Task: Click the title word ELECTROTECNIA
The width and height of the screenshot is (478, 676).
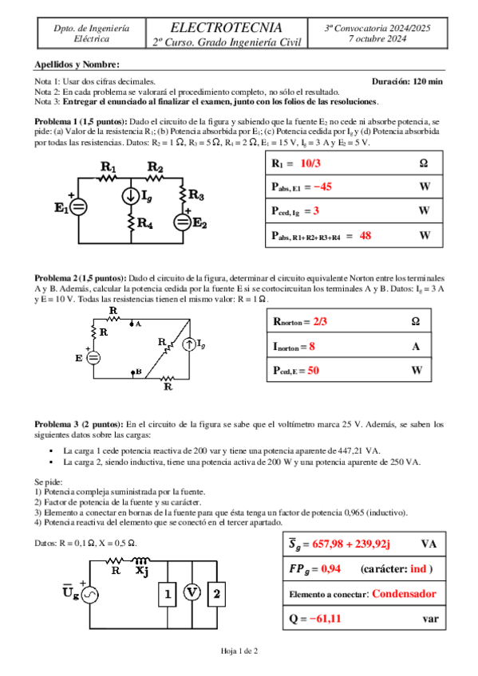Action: pos(226,28)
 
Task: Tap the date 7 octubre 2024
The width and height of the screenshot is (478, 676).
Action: pos(377,39)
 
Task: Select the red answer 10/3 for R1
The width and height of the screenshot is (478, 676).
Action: pos(310,163)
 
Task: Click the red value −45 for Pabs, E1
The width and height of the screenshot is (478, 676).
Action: pos(322,187)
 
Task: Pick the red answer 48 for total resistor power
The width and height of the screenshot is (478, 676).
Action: pos(365,235)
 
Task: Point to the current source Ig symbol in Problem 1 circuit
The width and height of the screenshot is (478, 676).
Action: pos(131,196)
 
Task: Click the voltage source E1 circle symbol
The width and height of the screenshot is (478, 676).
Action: pos(78,207)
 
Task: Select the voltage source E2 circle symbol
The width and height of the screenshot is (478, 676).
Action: pos(183,222)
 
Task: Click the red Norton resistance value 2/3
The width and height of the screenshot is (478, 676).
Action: pos(320,321)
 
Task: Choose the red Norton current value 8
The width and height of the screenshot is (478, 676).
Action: pos(312,346)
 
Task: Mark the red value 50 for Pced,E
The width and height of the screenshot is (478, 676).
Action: pos(313,371)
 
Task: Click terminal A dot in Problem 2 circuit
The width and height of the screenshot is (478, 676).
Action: pos(132,323)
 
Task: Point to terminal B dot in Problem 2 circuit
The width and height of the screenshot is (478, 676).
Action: pos(132,371)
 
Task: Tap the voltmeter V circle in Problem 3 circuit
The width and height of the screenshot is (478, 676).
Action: pos(192,592)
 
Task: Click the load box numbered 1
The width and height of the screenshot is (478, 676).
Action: pos(168,594)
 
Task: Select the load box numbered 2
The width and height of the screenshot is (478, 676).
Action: pos(216,594)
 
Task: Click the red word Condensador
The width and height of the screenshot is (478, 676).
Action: pos(404,594)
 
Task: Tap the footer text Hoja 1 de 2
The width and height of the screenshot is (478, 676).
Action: pos(239,651)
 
